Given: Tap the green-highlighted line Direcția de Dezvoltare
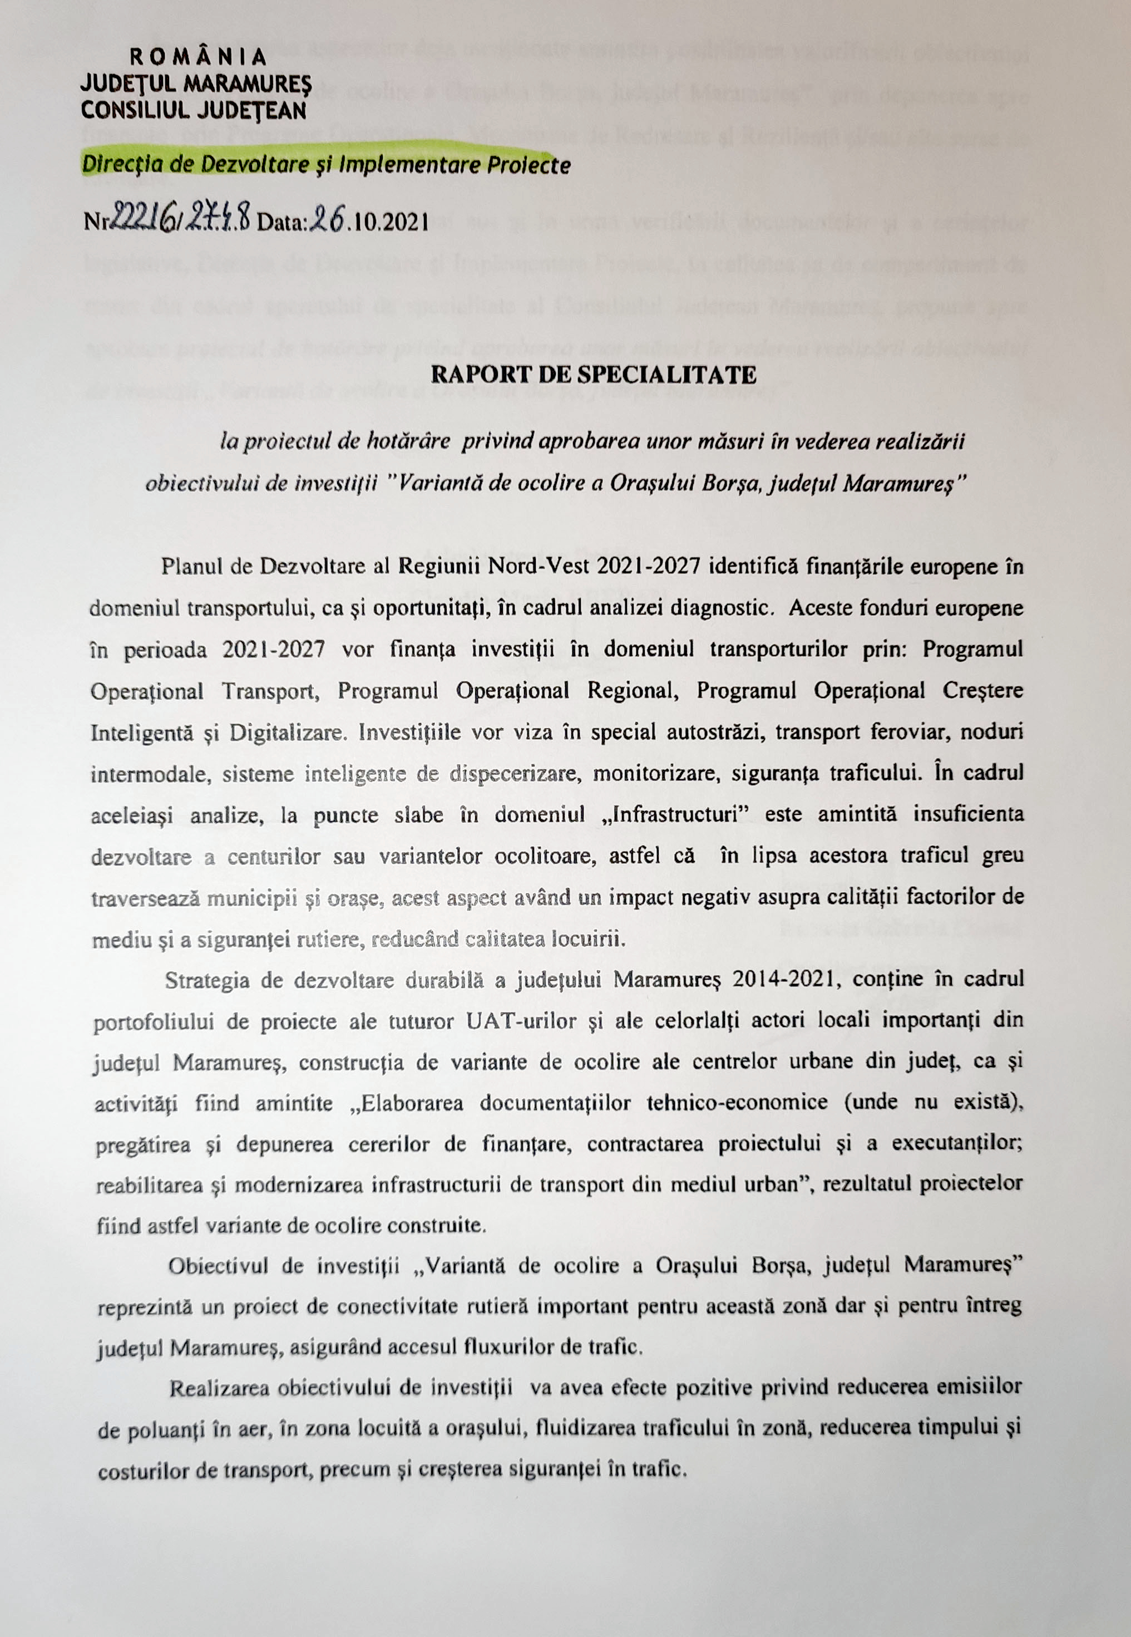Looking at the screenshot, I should (326, 165).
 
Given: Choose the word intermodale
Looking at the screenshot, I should (147, 774).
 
